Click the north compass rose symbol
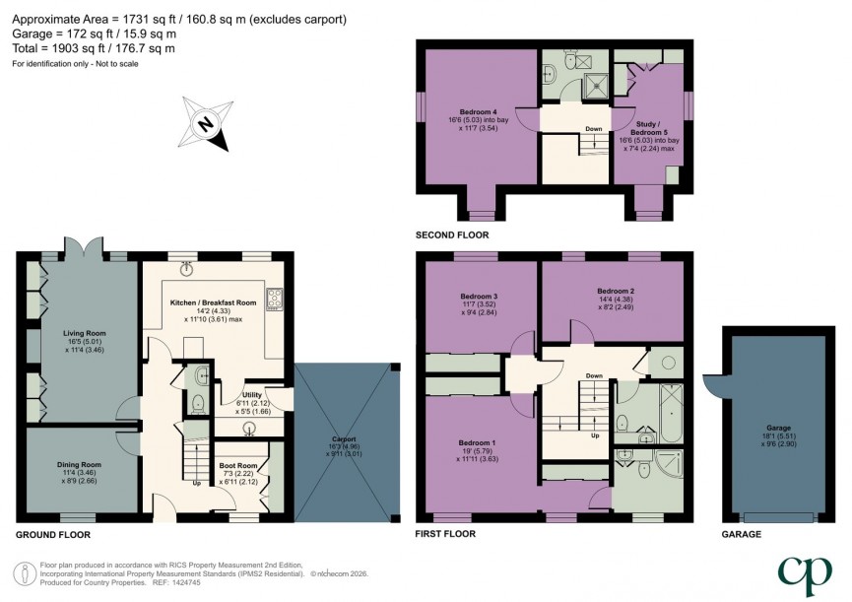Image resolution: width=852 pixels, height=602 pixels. pos(206,124)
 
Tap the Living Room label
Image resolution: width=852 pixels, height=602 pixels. pos(85,333)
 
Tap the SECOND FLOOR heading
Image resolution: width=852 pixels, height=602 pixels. pos(453,235)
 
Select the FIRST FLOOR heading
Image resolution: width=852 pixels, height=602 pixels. pos(445,534)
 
